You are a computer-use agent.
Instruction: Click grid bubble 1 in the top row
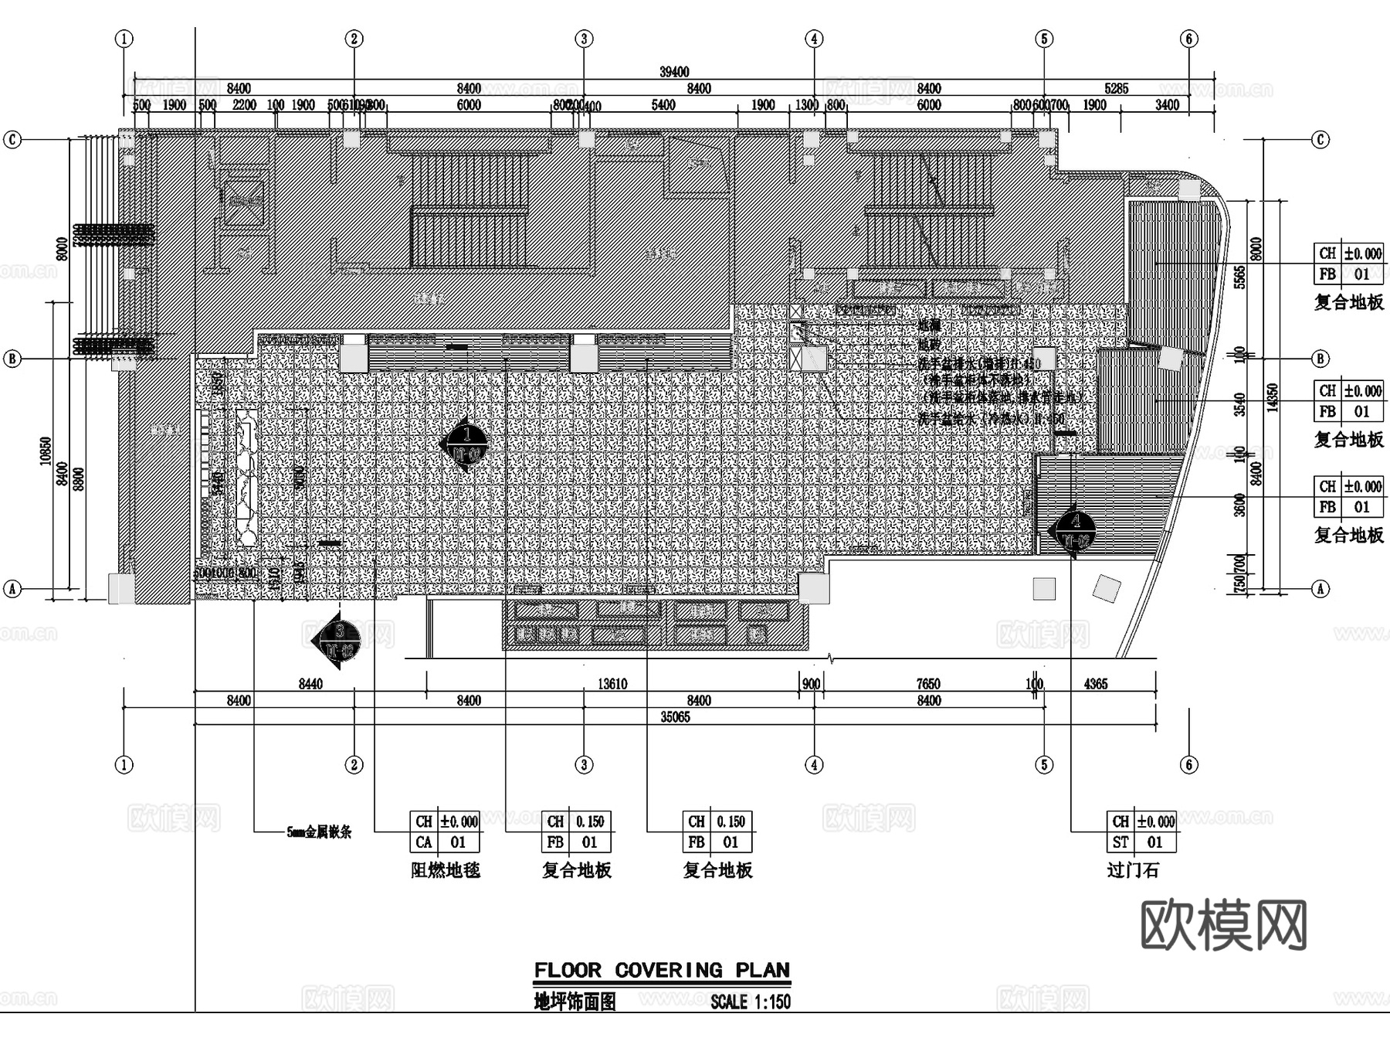click(124, 39)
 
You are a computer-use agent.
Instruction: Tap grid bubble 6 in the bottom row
click(1188, 764)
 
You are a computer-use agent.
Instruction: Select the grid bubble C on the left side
click(12, 140)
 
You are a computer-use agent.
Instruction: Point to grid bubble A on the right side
click(1320, 589)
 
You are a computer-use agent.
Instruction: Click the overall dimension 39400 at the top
click(674, 72)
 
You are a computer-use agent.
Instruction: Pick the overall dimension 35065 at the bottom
click(675, 717)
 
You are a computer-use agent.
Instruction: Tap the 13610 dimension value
click(612, 684)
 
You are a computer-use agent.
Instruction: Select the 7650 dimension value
click(927, 684)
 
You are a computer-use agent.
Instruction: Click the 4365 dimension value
click(1095, 684)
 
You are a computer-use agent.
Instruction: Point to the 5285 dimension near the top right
click(1116, 89)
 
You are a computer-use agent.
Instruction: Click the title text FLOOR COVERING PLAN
click(662, 970)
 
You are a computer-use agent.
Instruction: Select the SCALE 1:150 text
click(751, 1002)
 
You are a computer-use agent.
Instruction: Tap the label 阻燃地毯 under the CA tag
click(446, 870)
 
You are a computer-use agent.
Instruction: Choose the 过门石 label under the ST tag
click(1133, 870)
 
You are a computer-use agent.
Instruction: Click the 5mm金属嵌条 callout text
click(319, 832)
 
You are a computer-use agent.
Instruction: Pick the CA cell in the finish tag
click(424, 842)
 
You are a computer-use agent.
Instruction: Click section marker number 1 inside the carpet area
click(466, 444)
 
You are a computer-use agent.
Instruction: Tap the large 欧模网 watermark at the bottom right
click(1223, 924)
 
